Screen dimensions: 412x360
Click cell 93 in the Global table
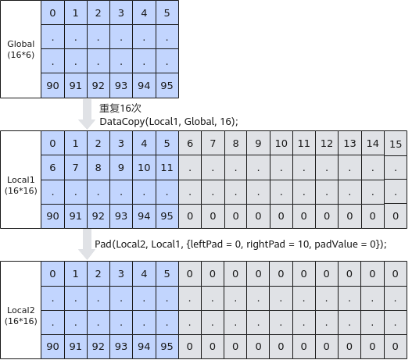pos(121,86)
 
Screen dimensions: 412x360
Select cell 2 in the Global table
pos(99,12)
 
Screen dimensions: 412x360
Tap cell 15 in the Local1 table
pos(396,144)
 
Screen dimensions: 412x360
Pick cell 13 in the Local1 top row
pos(349,143)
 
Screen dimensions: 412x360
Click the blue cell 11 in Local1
pos(167,167)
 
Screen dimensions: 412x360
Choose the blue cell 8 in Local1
pos(99,167)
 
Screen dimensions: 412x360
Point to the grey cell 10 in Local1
pos(281,143)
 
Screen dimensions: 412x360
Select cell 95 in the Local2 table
pos(167,347)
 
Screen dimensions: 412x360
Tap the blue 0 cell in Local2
pos(52,273)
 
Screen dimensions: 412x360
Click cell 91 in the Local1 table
pos(76,216)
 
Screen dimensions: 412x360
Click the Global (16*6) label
pos(21,49)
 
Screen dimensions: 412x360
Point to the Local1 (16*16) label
pos(21,185)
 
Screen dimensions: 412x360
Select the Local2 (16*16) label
pos(21,315)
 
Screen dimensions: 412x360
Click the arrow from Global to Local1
pos(87,114)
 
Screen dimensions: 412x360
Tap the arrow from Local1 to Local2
pos(87,244)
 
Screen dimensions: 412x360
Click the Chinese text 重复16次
pos(120,108)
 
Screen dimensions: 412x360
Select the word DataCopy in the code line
pos(122,122)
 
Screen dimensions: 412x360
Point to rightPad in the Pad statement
pos(266,244)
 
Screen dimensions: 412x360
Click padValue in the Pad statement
pos(336,244)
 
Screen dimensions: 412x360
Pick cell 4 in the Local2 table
pos(144,273)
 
